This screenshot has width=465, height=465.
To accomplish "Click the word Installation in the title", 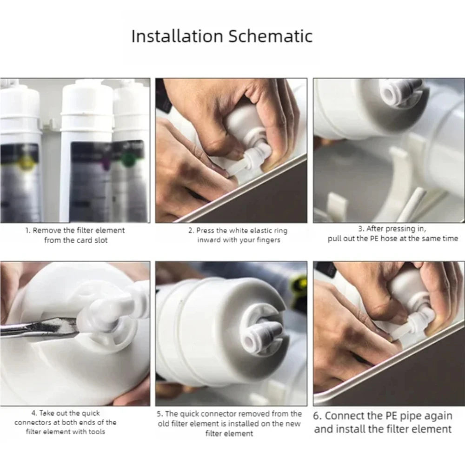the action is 177,36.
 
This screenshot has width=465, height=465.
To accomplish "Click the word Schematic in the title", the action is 270,36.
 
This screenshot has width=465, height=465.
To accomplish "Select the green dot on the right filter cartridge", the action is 128,159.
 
